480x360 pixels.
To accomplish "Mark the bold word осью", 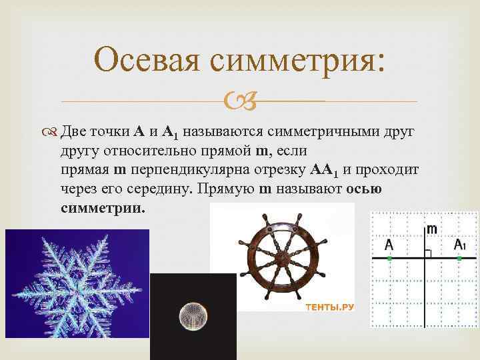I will (364, 189).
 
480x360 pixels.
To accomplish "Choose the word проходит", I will (389, 170).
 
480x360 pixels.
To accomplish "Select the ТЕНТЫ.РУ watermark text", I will (329, 307).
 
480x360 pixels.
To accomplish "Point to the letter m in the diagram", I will (432, 229).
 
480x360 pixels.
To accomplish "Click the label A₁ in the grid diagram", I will (459, 245).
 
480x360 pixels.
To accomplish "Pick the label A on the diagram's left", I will (389, 245).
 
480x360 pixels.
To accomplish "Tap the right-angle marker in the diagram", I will (429, 253).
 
